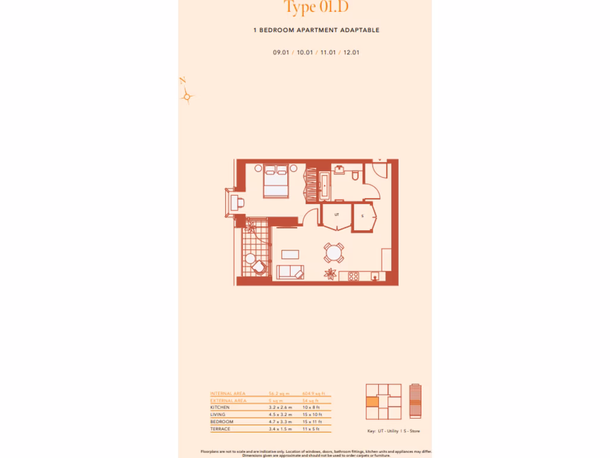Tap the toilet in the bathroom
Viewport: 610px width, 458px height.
click(355, 175)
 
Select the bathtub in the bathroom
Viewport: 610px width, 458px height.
click(324, 186)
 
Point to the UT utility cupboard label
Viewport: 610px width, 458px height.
click(337, 213)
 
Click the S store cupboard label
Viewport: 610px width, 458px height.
click(362, 215)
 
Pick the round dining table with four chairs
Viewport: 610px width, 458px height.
click(333, 253)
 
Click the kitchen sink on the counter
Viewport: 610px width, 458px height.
click(374, 276)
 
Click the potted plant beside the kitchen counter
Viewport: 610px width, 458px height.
click(328, 274)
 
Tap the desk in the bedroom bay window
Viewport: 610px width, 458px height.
click(238, 202)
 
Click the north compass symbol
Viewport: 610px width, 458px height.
click(186, 95)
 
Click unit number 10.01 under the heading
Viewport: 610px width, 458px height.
click(305, 52)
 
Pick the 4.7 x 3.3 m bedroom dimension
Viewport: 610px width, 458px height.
click(280, 421)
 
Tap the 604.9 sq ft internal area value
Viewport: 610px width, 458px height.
click(313, 394)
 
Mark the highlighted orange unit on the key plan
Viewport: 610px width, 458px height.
click(372, 402)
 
